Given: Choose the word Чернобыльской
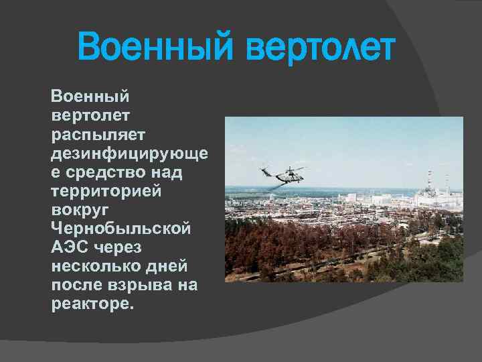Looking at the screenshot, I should [121, 228].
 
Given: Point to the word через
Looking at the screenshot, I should [116, 247].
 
